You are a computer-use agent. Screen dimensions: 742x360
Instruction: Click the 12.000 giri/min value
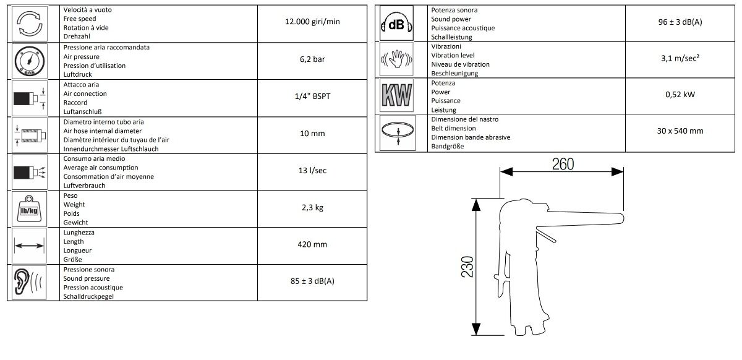(312, 22)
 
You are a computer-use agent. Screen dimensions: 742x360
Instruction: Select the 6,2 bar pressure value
(312, 59)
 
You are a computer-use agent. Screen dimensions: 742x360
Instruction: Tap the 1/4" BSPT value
(312, 96)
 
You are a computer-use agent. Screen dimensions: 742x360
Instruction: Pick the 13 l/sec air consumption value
(312, 170)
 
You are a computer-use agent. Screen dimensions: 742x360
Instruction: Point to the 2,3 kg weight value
(312, 207)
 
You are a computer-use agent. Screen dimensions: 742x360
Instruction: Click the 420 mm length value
(312, 244)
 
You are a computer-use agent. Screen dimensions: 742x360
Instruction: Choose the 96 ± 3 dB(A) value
(680, 22)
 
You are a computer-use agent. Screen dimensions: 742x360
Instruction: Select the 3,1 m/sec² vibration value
(680, 58)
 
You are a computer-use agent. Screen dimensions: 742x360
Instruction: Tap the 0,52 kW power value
(680, 95)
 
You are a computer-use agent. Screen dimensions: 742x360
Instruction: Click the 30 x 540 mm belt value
(680, 131)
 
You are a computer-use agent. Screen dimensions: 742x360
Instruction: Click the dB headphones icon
(396, 24)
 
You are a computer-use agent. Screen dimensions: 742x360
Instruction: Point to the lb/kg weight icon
(29, 209)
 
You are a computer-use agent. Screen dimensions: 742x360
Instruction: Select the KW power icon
(396, 95)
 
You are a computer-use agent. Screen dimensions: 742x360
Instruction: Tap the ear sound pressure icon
(28, 283)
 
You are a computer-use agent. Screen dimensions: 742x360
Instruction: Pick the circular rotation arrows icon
(30, 24)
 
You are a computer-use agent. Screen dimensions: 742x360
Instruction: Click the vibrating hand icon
(396, 59)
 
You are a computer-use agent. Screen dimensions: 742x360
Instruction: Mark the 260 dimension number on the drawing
(563, 164)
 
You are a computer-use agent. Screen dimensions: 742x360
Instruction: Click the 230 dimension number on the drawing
(467, 267)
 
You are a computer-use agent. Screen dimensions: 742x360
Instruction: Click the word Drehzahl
(77, 36)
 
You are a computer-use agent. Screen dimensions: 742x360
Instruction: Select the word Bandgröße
(447, 147)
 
